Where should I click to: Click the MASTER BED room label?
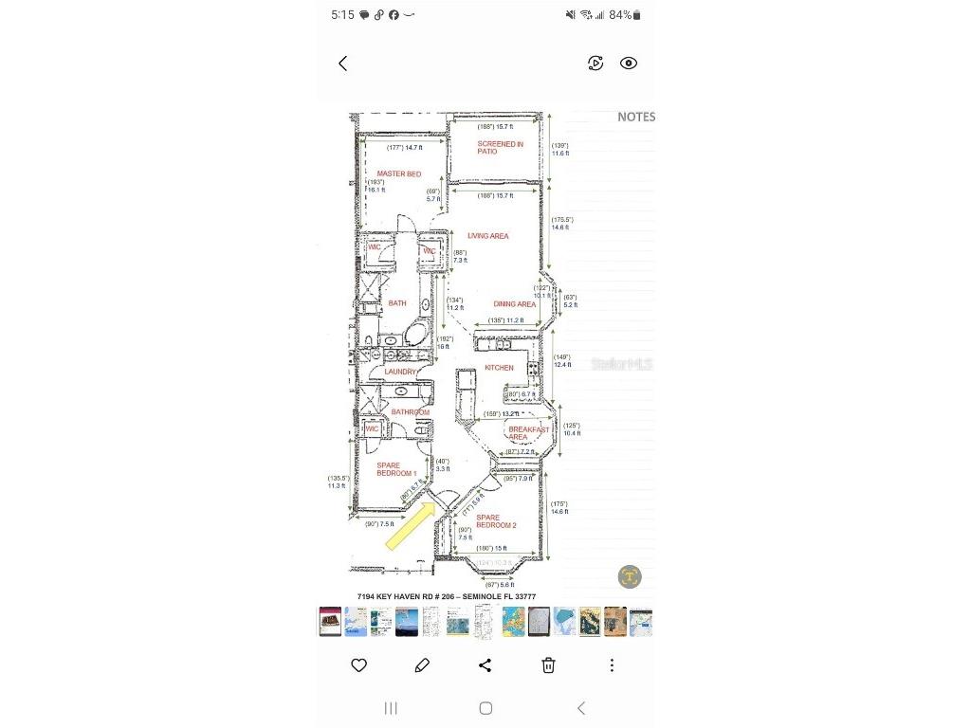398,174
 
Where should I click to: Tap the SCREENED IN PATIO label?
500,148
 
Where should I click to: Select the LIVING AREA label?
487,236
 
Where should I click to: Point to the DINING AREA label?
514,304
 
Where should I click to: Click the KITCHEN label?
499,368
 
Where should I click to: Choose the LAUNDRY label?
400,372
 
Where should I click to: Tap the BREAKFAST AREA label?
527,433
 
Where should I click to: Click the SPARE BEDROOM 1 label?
396,469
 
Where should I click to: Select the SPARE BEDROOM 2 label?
495,521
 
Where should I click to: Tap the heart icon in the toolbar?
359,665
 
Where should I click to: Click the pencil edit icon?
422,665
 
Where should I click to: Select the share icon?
485,665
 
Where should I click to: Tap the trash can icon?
548,665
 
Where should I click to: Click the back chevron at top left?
343,64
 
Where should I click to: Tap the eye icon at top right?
629,64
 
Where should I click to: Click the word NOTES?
636,117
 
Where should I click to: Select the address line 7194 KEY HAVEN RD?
446,596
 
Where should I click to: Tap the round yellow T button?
630,576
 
